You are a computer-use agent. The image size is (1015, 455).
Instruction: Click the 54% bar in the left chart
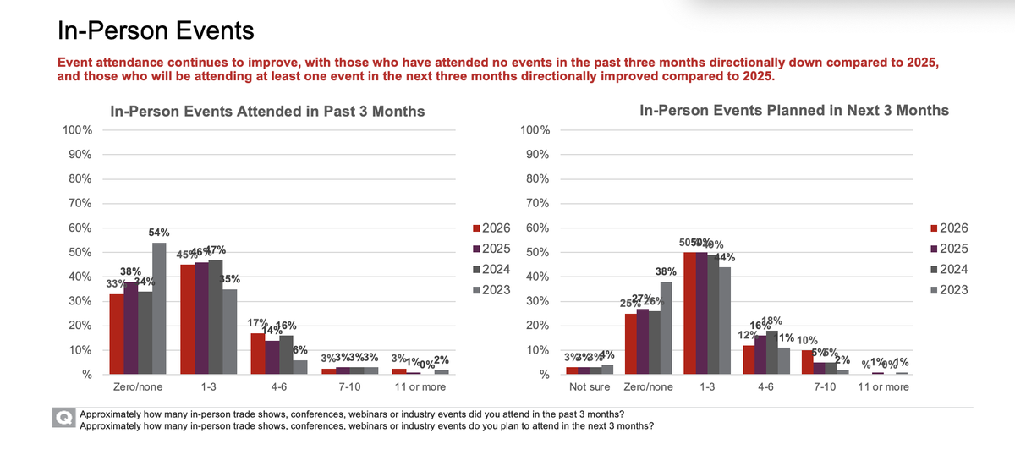(x=159, y=309)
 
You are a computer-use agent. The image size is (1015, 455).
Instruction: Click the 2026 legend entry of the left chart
(x=492, y=227)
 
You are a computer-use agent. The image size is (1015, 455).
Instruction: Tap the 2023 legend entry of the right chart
(x=948, y=290)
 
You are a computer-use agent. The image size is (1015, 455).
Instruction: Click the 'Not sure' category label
(x=589, y=386)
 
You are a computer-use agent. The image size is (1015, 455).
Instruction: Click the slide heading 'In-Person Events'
(x=155, y=32)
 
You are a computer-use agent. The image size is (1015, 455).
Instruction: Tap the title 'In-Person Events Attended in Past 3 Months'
(x=268, y=111)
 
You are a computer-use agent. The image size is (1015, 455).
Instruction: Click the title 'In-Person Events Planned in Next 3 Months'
(x=794, y=110)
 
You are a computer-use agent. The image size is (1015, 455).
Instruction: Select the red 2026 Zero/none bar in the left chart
(x=117, y=334)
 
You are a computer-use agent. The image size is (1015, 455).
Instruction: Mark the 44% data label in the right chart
(x=725, y=257)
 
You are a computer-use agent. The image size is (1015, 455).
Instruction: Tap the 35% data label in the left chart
(x=230, y=279)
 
